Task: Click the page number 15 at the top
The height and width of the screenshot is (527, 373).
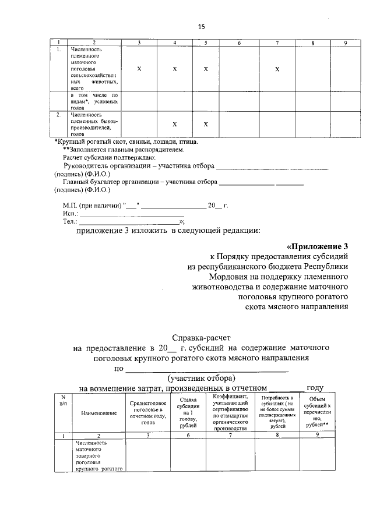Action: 202,27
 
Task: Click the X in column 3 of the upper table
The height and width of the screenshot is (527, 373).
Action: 139,69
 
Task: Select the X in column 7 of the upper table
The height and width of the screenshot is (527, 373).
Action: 277,69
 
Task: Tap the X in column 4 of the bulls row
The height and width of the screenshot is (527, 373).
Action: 174,124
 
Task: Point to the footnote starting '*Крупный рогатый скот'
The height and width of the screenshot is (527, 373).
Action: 126,142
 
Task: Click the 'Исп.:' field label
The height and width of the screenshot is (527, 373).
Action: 70,214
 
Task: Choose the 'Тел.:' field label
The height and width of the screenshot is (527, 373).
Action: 70,222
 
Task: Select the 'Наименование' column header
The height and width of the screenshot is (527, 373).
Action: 98,413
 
